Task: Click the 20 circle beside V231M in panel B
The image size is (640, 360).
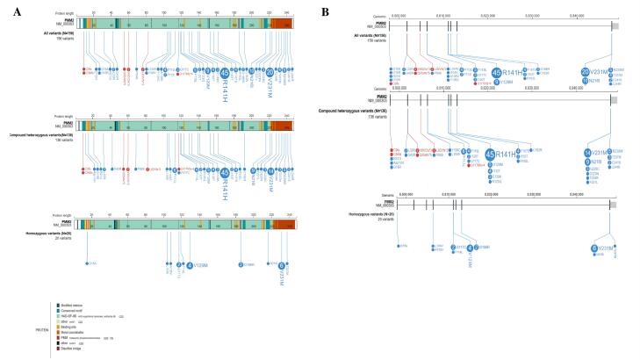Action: click(x=586, y=72)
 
